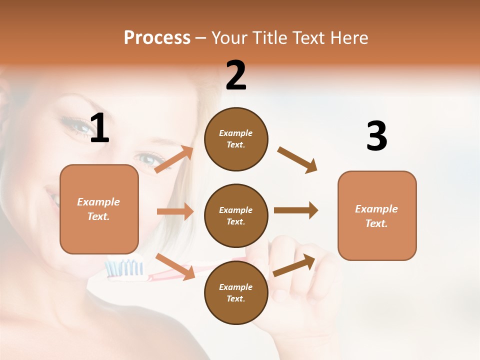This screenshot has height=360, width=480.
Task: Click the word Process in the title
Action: click(157, 38)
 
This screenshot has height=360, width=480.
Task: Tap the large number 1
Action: click(99, 128)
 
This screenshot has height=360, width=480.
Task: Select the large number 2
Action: click(236, 75)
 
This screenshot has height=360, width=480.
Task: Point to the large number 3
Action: click(376, 136)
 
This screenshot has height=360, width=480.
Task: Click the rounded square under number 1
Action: click(99, 209)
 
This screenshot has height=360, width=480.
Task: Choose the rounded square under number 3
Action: click(377, 215)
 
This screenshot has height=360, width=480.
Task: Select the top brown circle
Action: click(236, 139)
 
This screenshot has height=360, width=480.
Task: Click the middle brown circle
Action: click(236, 215)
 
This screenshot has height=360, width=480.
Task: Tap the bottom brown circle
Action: click(236, 292)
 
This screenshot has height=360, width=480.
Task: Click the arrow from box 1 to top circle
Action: click(174, 159)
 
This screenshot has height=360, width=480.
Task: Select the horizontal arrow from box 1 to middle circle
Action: click(175, 211)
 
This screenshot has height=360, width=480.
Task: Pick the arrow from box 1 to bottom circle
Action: click(175, 266)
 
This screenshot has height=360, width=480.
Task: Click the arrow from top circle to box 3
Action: click(297, 159)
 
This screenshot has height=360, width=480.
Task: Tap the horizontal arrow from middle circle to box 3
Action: click(296, 210)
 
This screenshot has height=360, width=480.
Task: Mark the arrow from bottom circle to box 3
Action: click(294, 265)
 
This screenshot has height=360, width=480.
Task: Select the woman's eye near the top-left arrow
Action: click(148, 159)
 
